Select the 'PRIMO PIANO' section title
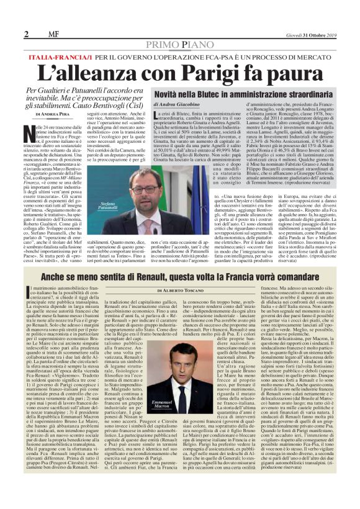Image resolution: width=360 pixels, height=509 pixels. click(x=180, y=45)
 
